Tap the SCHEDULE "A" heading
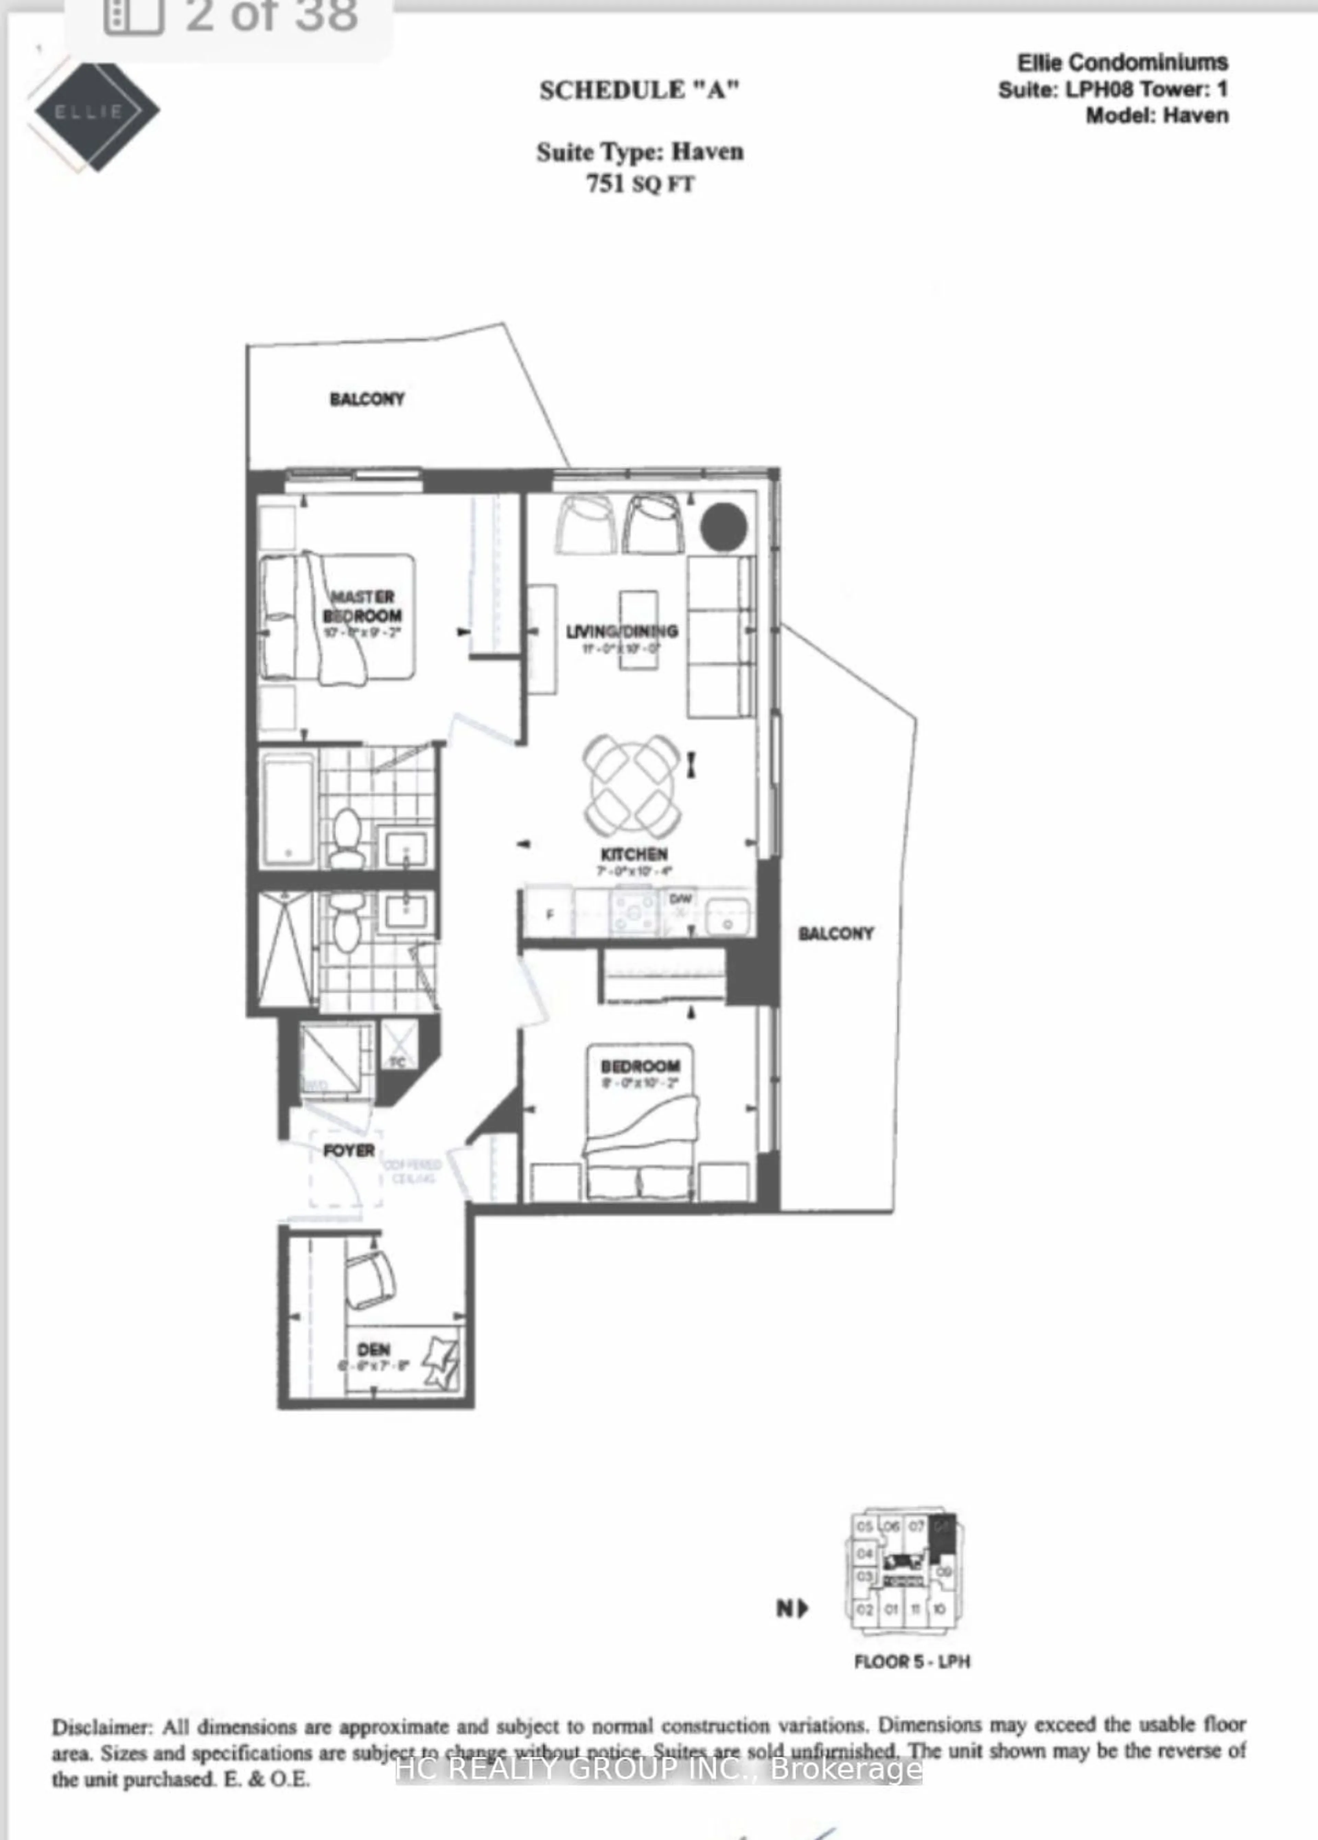point(639,90)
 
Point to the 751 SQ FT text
point(639,184)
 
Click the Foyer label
point(349,1151)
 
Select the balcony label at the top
point(367,399)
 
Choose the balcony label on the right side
point(835,934)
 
